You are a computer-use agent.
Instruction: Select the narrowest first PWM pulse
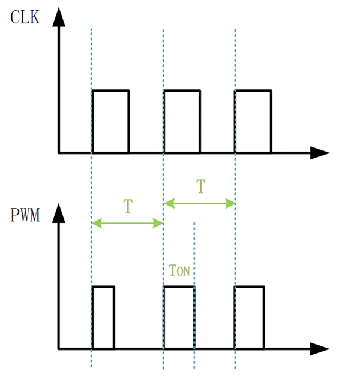pos(103,317)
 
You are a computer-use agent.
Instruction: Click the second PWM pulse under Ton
pos(179,317)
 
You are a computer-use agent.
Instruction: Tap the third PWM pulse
pos(249,317)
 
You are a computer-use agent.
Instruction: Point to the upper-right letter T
pos(200,187)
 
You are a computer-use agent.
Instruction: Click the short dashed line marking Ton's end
pos(194,252)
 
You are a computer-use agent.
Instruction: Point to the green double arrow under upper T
pos(199,204)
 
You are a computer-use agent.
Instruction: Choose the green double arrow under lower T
pos(127,224)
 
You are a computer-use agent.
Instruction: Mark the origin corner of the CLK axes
pos(59,153)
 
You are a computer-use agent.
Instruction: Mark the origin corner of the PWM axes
pos(59,348)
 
